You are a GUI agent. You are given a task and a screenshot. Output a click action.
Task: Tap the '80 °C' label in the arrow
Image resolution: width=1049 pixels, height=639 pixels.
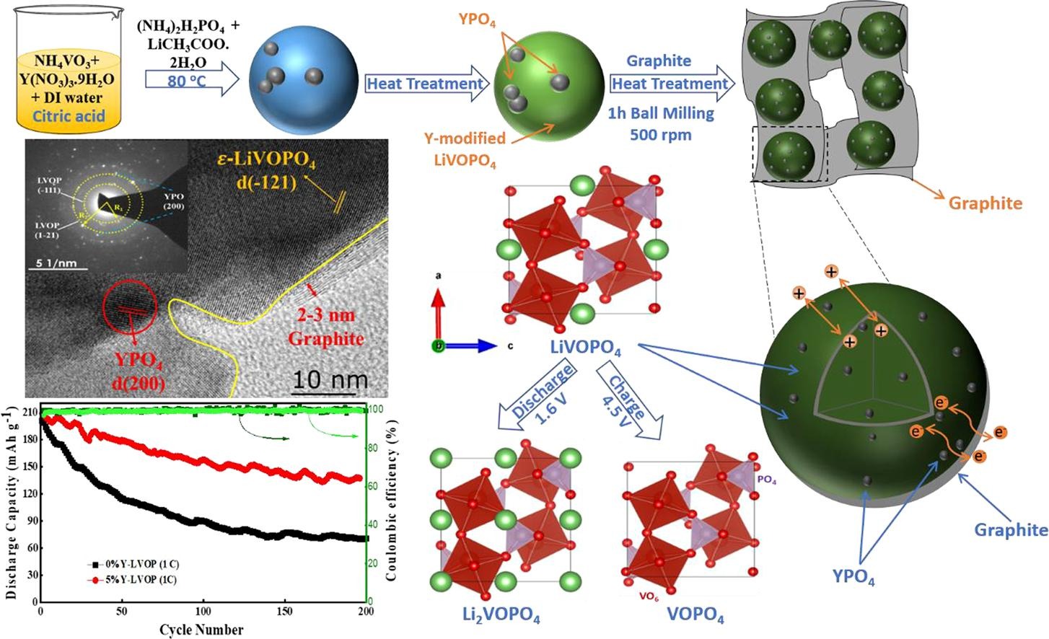point(186,81)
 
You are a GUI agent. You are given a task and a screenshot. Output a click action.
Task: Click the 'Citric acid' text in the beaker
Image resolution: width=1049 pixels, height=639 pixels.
point(69,116)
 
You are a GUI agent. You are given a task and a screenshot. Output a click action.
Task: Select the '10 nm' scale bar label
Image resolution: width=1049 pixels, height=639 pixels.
point(329,379)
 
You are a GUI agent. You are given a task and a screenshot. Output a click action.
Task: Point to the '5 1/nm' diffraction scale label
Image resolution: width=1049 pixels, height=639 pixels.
point(56,263)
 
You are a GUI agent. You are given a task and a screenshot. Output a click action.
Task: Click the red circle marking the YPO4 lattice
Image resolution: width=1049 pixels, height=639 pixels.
point(130,308)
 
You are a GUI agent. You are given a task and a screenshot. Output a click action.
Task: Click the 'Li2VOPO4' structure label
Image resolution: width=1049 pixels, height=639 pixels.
point(501,615)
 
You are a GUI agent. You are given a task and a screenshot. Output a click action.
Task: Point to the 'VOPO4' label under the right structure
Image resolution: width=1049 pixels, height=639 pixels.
point(695,615)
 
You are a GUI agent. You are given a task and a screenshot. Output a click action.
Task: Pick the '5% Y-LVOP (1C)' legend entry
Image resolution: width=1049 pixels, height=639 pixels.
point(132,579)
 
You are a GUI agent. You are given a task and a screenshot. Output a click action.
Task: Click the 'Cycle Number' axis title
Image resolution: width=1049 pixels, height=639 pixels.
point(201,630)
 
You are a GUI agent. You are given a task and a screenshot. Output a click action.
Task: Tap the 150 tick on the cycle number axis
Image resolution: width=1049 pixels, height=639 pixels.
point(285,612)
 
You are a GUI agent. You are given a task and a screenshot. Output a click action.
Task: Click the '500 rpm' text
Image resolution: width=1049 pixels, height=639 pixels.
point(660,135)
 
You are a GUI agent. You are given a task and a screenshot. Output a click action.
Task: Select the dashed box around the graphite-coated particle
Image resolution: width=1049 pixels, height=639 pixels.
point(789,154)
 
